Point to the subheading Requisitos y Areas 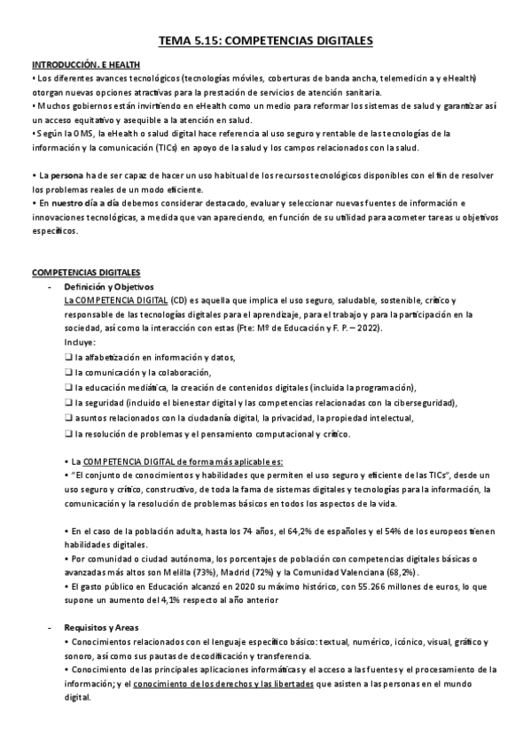[x=101, y=626]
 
